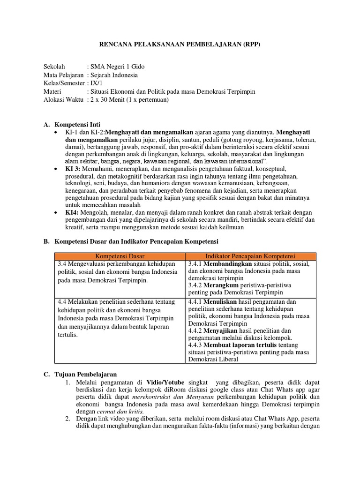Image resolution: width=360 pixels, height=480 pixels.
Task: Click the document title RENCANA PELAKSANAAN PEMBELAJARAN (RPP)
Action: pos(180,44)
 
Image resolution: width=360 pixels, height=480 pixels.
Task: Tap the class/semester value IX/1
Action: pos(97,83)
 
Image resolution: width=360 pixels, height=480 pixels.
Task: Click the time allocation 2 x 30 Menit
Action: pos(112,100)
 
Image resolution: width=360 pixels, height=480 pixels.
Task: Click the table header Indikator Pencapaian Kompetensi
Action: pos(251,256)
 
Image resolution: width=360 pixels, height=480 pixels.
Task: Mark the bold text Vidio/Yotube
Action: pos(167,383)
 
